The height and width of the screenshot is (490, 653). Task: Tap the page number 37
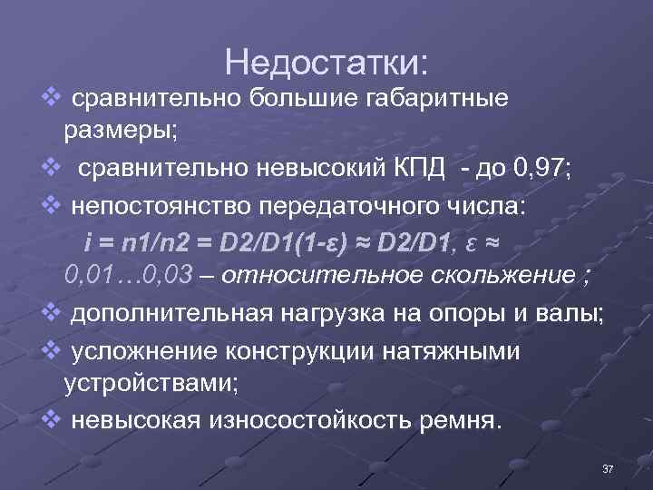[609, 468]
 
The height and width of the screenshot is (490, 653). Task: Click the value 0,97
[541, 169]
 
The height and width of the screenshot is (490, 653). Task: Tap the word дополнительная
[169, 314]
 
